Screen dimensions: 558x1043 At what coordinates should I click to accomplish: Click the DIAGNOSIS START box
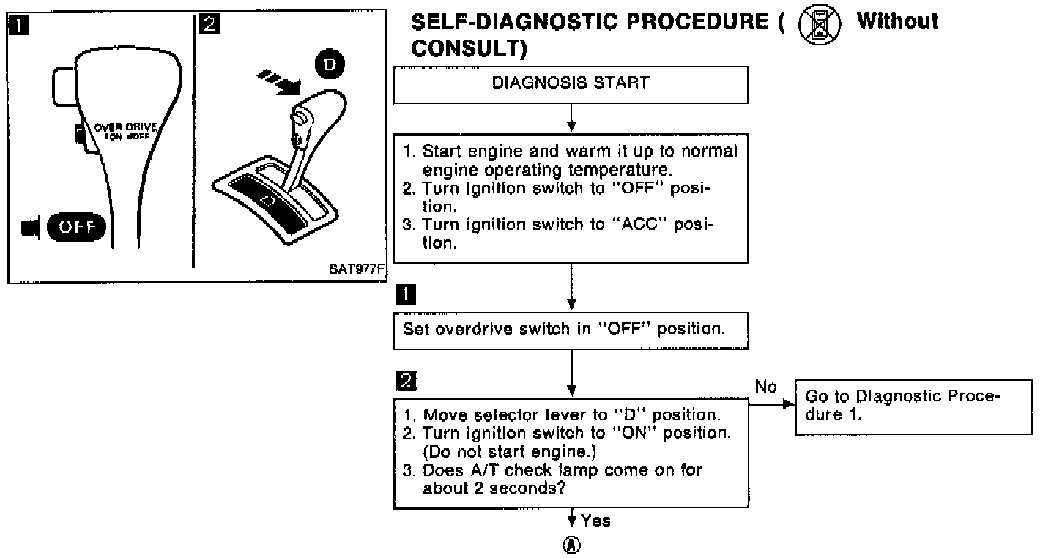571,84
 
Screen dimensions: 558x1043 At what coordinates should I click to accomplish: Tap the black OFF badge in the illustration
76,227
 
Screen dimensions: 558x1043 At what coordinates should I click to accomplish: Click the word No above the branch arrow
765,387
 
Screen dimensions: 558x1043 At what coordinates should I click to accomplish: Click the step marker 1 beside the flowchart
404,294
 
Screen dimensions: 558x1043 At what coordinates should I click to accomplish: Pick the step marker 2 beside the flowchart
404,381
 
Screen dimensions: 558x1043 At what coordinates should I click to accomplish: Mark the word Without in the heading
897,22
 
